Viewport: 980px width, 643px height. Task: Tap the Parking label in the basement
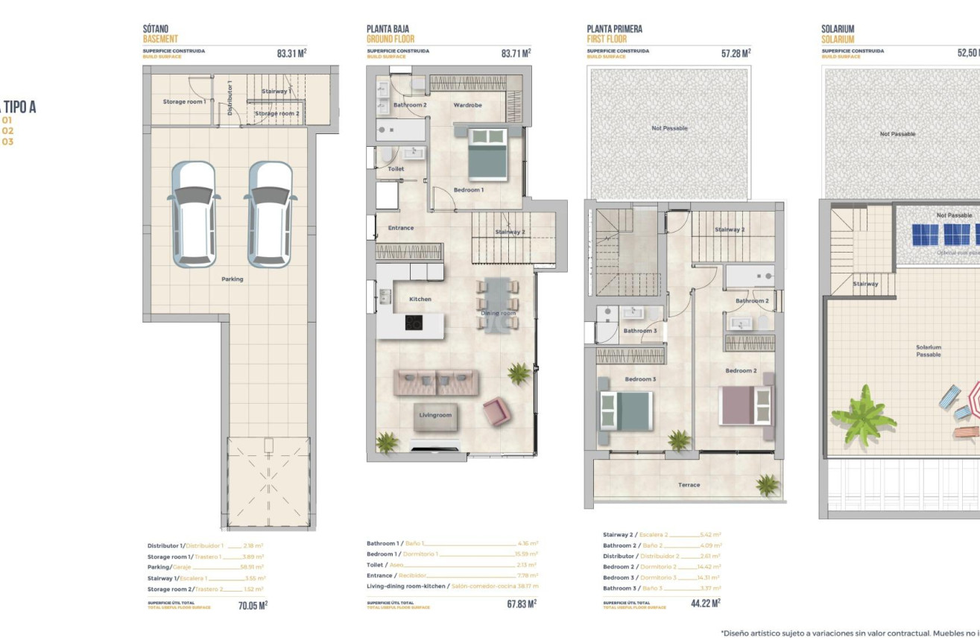tap(232, 279)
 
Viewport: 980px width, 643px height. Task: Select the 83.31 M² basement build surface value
tap(291, 54)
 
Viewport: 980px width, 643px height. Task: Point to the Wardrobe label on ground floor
tap(468, 105)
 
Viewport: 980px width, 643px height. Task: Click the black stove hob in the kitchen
tap(414, 323)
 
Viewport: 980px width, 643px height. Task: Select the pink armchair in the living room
tap(496, 411)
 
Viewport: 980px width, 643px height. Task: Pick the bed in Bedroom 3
tap(626, 411)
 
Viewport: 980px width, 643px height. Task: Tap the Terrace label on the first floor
tap(689, 485)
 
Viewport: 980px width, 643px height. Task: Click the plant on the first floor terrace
tap(767, 485)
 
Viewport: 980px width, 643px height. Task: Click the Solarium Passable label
tap(929, 351)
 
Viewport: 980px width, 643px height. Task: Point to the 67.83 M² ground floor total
tap(521, 605)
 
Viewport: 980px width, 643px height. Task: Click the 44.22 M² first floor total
tap(705, 604)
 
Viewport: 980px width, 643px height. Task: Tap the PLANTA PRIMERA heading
tap(614, 29)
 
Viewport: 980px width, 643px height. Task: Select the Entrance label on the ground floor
tap(400, 228)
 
